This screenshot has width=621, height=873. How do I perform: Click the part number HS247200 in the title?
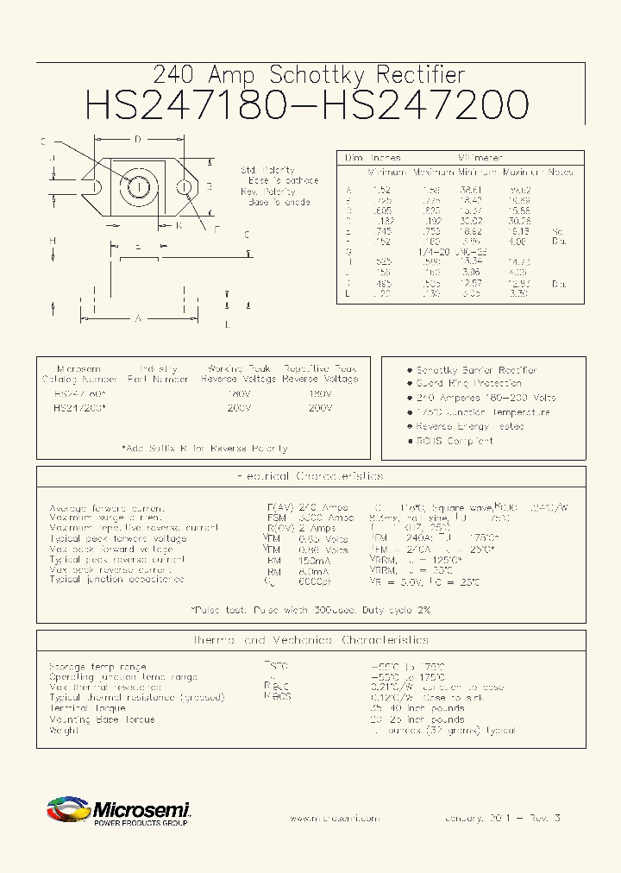click(424, 105)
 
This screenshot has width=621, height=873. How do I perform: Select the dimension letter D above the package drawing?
click(136, 140)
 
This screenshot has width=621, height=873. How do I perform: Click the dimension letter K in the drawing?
click(179, 225)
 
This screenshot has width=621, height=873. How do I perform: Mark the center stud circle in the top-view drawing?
click(137, 185)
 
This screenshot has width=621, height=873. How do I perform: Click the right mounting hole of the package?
click(184, 186)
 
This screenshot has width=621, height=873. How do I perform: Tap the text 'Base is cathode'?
click(284, 181)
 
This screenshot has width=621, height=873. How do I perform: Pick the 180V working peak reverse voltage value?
click(238, 393)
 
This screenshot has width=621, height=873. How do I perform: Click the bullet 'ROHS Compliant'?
click(455, 441)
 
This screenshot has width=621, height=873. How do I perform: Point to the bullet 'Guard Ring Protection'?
click(468, 383)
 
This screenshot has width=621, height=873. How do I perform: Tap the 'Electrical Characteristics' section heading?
click(310, 476)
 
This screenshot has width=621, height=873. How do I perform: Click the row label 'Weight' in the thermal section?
click(64, 730)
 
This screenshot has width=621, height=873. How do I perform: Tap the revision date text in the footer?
click(502, 817)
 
